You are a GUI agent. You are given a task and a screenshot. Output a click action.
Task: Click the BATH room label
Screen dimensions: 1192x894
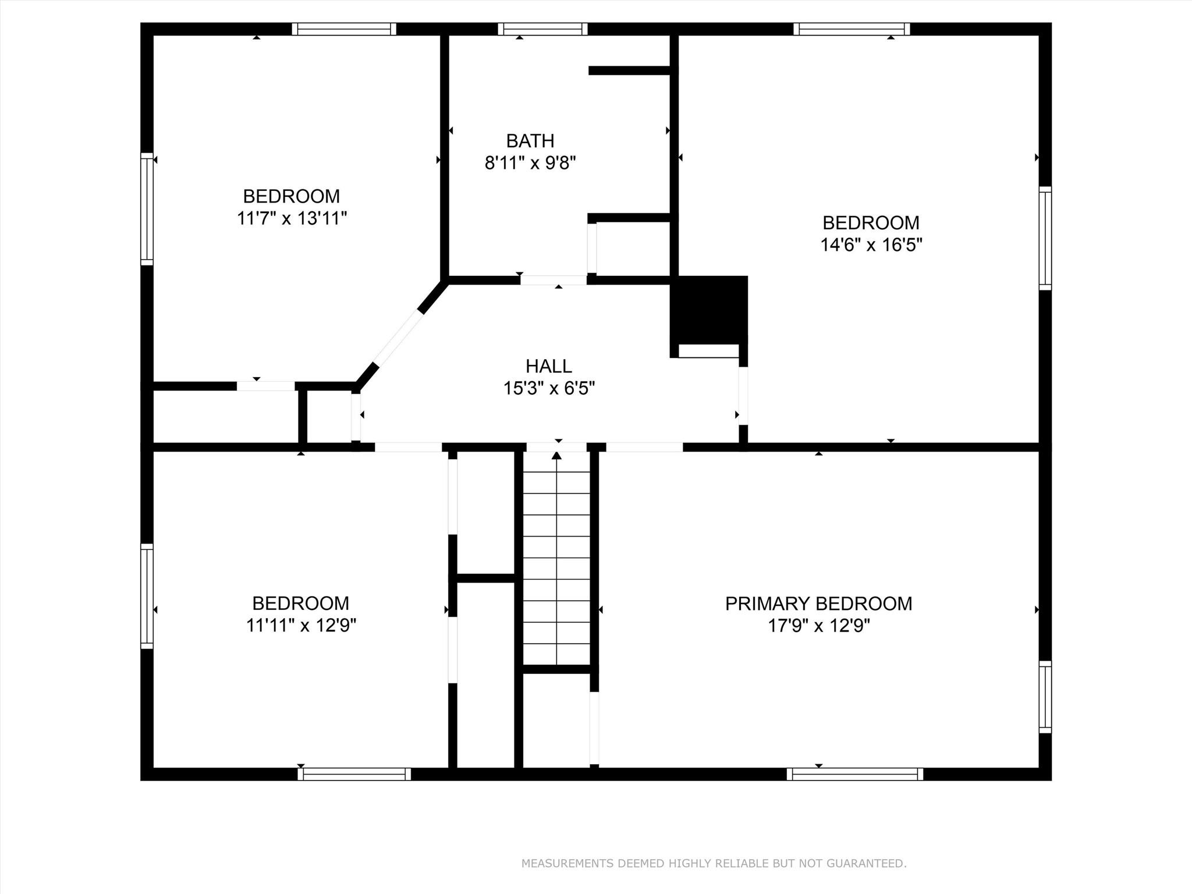(x=530, y=141)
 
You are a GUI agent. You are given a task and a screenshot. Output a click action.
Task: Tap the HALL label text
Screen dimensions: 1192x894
(x=548, y=366)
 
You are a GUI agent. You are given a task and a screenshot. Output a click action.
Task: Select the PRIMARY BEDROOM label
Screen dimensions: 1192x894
(x=818, y=604)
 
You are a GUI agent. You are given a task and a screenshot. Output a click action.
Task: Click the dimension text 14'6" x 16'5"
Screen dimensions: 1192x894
(x=871, y=244)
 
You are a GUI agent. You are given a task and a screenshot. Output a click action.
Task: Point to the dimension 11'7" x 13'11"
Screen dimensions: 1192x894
(x=292, y=218)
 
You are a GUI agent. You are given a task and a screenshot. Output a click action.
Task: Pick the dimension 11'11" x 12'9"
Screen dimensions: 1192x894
(x=301, y=625)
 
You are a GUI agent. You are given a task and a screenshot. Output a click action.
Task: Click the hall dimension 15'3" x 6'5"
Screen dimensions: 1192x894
(x=549, y=388)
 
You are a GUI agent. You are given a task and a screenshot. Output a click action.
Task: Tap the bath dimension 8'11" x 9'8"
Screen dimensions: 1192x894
(x=530, y=162)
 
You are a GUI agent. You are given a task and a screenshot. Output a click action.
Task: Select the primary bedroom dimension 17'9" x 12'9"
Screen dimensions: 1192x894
(x=819, y=626)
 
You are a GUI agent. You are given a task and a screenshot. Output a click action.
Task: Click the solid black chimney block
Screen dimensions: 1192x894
(x=709, y=310)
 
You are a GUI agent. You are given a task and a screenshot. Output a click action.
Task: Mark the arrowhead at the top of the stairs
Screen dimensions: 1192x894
(x=557, y=455)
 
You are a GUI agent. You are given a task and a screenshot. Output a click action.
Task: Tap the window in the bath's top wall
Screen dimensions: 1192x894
(x=542, y=29)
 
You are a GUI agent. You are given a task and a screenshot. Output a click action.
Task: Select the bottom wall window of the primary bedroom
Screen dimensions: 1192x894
(x=854, y=774)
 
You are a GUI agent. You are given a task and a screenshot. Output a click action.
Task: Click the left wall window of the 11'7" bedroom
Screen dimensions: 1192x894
(x=147, y=209)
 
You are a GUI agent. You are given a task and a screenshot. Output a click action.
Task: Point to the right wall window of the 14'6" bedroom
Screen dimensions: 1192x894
(x=1045, y=238)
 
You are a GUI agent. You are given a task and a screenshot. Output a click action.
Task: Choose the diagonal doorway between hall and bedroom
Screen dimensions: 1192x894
(x=398, y=338)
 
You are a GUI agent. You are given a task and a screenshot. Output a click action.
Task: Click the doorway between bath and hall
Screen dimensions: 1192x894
(x=554, y=280)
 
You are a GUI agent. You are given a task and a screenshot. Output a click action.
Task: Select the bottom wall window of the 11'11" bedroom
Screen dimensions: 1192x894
(x=354, y=774)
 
